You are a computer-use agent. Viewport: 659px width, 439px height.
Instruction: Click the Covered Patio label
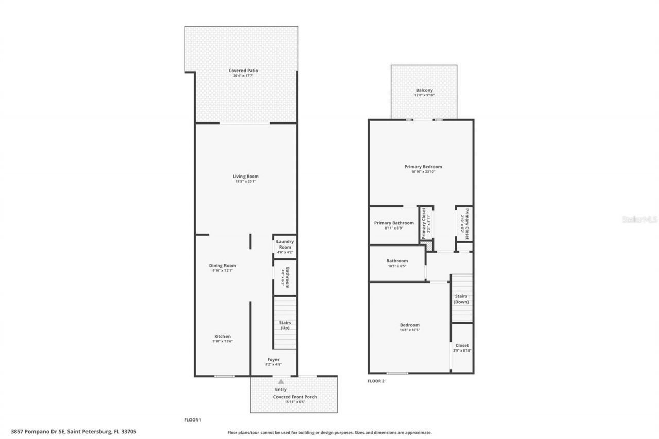(244, 71)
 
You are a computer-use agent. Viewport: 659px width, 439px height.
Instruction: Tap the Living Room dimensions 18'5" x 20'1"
(246, 181)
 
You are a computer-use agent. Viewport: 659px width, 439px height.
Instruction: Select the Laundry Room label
(285, 244)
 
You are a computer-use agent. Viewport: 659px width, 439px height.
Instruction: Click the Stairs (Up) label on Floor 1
(285, 325)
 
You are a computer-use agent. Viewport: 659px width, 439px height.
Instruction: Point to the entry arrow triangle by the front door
(281, 382)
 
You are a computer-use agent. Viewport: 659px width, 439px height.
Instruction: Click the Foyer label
(273, 359)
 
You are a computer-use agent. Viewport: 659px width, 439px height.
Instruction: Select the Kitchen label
(222, 336)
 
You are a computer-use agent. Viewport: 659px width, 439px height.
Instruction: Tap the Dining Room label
(222, 266)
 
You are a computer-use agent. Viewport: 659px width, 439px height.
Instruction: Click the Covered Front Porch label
(294, 397)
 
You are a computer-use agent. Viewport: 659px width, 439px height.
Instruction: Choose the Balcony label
(424, 90)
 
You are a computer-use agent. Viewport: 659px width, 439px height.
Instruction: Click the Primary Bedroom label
(423, 167)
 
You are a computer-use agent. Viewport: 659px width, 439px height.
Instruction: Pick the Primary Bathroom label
(394, 223)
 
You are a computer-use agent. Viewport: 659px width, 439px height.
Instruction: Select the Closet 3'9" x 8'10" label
(462, 345)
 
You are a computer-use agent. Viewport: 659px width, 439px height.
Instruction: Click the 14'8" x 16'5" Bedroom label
(410, 325)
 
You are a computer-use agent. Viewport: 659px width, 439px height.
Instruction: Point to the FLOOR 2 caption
(376, 381)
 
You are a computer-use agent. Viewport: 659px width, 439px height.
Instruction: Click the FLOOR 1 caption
(193, 420)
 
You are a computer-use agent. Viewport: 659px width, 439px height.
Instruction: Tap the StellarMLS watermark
(639, 219)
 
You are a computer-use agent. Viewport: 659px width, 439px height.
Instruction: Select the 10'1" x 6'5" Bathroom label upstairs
(397, 261)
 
